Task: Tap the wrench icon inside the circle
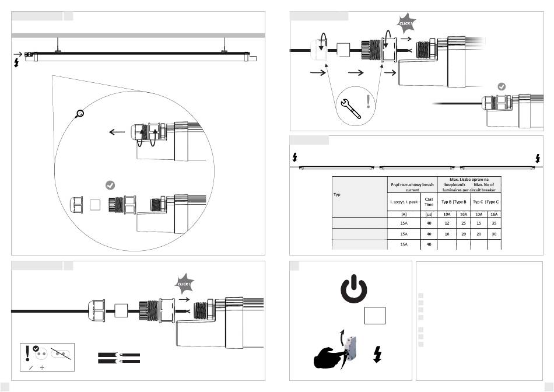[x=351, y=108]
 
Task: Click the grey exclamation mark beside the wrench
[x=368, y=102]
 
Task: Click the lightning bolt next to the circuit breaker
[x=377, y=354]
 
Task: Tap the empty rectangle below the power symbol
[x=374, y=315]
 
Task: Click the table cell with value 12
[x=446, y=222]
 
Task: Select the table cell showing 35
[x=493, y=222]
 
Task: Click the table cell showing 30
[x=493, y=233]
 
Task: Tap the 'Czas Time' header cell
[x=429, y=202]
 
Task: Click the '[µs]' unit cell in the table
[x=429, y=213]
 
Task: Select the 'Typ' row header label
[x=337, y=194]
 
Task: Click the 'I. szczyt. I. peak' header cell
[x=404, y=202]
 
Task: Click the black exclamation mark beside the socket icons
[x=27, y=353]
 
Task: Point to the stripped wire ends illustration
[x=118, y=358]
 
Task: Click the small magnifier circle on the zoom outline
[x=80, y=113]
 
